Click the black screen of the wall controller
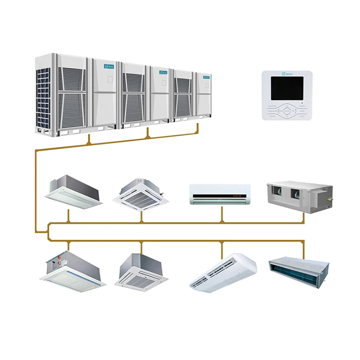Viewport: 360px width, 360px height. [x=287, y=88]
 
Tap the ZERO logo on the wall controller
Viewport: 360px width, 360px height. [x=287, y=74]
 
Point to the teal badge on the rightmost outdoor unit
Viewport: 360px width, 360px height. [x=206, y=77]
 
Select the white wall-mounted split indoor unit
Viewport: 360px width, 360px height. [x=220, y=194]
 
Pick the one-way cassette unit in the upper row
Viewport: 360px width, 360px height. [x=73, y=191]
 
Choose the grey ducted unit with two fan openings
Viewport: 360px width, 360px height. [x=299, y=196]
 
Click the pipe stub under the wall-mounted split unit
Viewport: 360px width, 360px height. [x=222, y=214]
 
